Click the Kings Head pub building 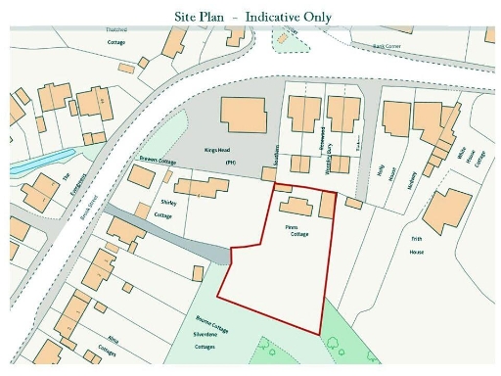click(243, 115)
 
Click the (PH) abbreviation click(231, 161)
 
